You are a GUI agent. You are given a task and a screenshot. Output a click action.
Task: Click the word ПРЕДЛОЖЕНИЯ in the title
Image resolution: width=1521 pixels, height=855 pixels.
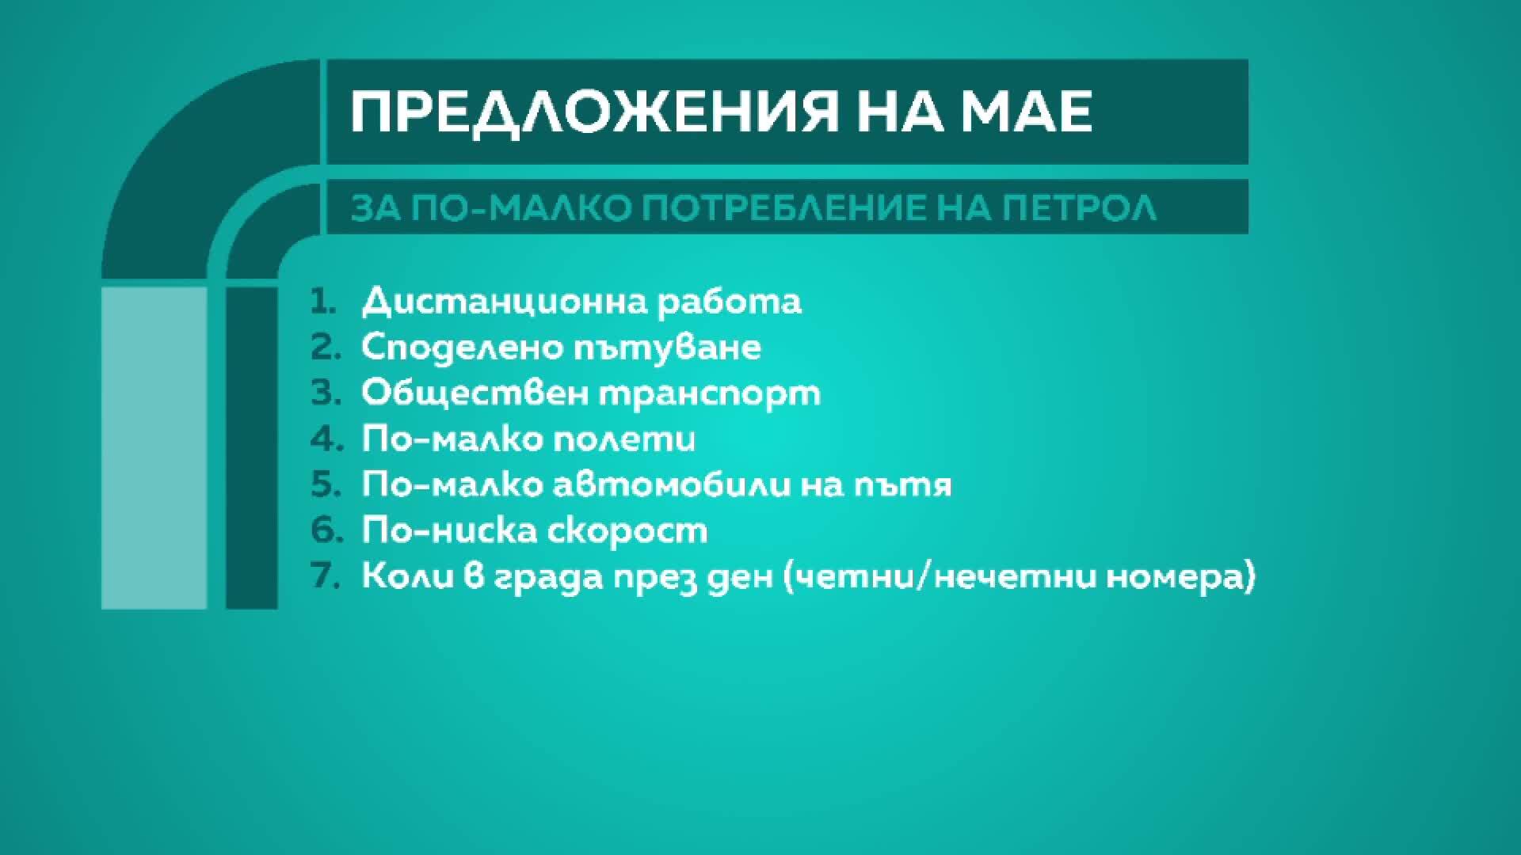point(594,112)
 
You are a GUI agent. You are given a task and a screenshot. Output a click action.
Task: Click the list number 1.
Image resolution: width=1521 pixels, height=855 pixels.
point(323,302)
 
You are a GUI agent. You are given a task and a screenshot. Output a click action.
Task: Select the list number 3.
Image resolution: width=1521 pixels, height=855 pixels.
point(325,393)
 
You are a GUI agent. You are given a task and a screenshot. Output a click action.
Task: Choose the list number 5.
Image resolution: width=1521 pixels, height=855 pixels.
point(325,485)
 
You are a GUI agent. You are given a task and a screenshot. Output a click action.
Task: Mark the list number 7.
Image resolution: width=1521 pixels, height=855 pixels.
point(325,576)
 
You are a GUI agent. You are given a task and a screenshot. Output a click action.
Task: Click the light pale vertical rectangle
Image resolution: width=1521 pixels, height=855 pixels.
point(154,448)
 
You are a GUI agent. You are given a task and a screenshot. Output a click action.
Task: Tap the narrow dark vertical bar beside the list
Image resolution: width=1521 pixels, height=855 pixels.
point(252,448)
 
